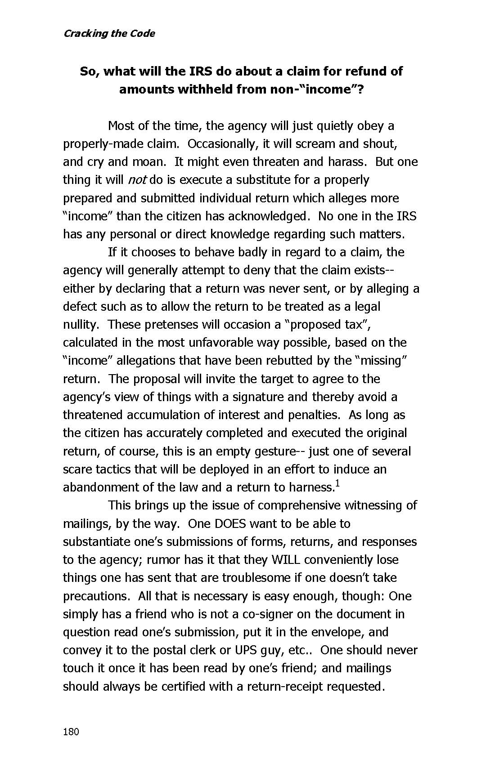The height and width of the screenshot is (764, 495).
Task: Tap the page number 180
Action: pos(71,732)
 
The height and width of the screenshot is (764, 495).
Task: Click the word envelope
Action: pos(337,632)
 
